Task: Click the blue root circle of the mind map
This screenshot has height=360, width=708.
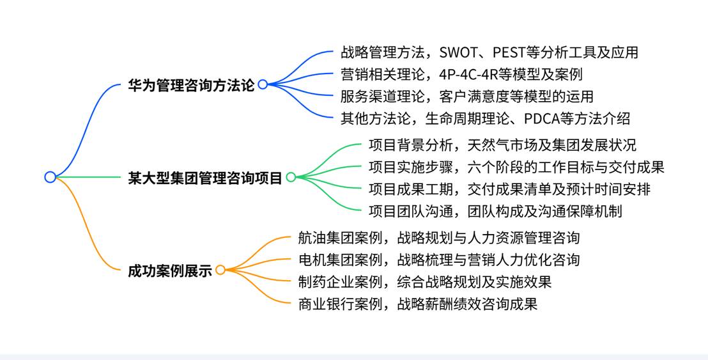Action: click(x=50, y=177)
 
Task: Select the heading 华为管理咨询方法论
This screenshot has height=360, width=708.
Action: click(x=191, y=85)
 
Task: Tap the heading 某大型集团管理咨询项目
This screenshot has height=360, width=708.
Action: click(x=205, y=178)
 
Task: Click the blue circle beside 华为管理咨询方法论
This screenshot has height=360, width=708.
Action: click(x=263, y=84)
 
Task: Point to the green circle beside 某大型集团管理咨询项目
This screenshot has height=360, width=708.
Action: click(x=291, y=178)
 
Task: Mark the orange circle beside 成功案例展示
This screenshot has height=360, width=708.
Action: click(x=220, y=270)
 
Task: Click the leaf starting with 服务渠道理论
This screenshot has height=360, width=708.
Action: click(x=466, y=97)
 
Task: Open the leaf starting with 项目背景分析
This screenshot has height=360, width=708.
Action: click(x=502, y=145)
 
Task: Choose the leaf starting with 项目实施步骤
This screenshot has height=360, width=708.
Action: click(x=516, y=168)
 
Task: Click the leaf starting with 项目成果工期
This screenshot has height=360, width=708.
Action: click(x=509, y=189)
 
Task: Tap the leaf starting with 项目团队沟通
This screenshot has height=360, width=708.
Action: click(x=495, y=211)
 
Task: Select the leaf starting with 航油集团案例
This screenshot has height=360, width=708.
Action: click(x=439, y=238)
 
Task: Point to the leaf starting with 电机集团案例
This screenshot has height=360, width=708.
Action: click(x=439, y=260)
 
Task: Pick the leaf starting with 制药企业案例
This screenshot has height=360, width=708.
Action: click(x=425, y=281)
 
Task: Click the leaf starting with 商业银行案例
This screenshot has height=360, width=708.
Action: click(x=418, y=304)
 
